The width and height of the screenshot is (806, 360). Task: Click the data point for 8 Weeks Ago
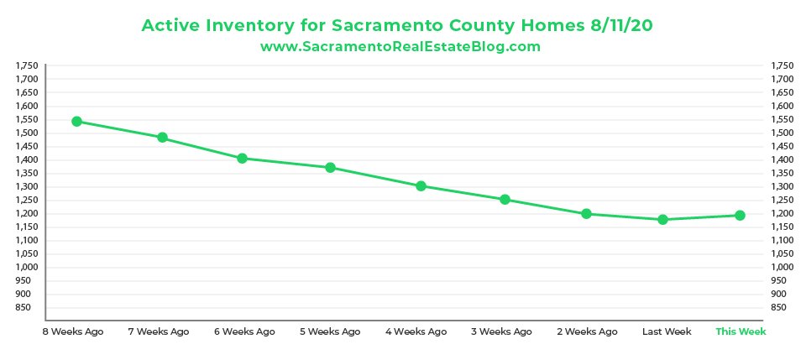76,122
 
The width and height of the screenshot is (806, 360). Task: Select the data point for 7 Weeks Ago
162,138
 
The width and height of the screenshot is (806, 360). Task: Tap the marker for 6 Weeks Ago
242,159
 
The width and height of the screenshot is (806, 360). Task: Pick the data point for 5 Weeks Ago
330,168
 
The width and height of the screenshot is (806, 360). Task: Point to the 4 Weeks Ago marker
421,186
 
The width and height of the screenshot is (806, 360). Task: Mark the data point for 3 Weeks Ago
505,200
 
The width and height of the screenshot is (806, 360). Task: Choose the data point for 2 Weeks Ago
587,214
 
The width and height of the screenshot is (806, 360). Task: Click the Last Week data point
662,220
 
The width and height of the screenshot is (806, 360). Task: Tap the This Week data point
740,216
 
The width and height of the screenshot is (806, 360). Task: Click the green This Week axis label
741,331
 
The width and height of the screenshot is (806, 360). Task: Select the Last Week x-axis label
667,331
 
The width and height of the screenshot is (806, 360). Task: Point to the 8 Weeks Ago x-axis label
73,331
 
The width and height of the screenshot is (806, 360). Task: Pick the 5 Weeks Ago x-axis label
330,331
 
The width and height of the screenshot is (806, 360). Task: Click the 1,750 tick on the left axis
27,65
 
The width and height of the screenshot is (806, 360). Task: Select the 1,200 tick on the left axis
27,213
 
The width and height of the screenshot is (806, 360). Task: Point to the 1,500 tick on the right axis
781,133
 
